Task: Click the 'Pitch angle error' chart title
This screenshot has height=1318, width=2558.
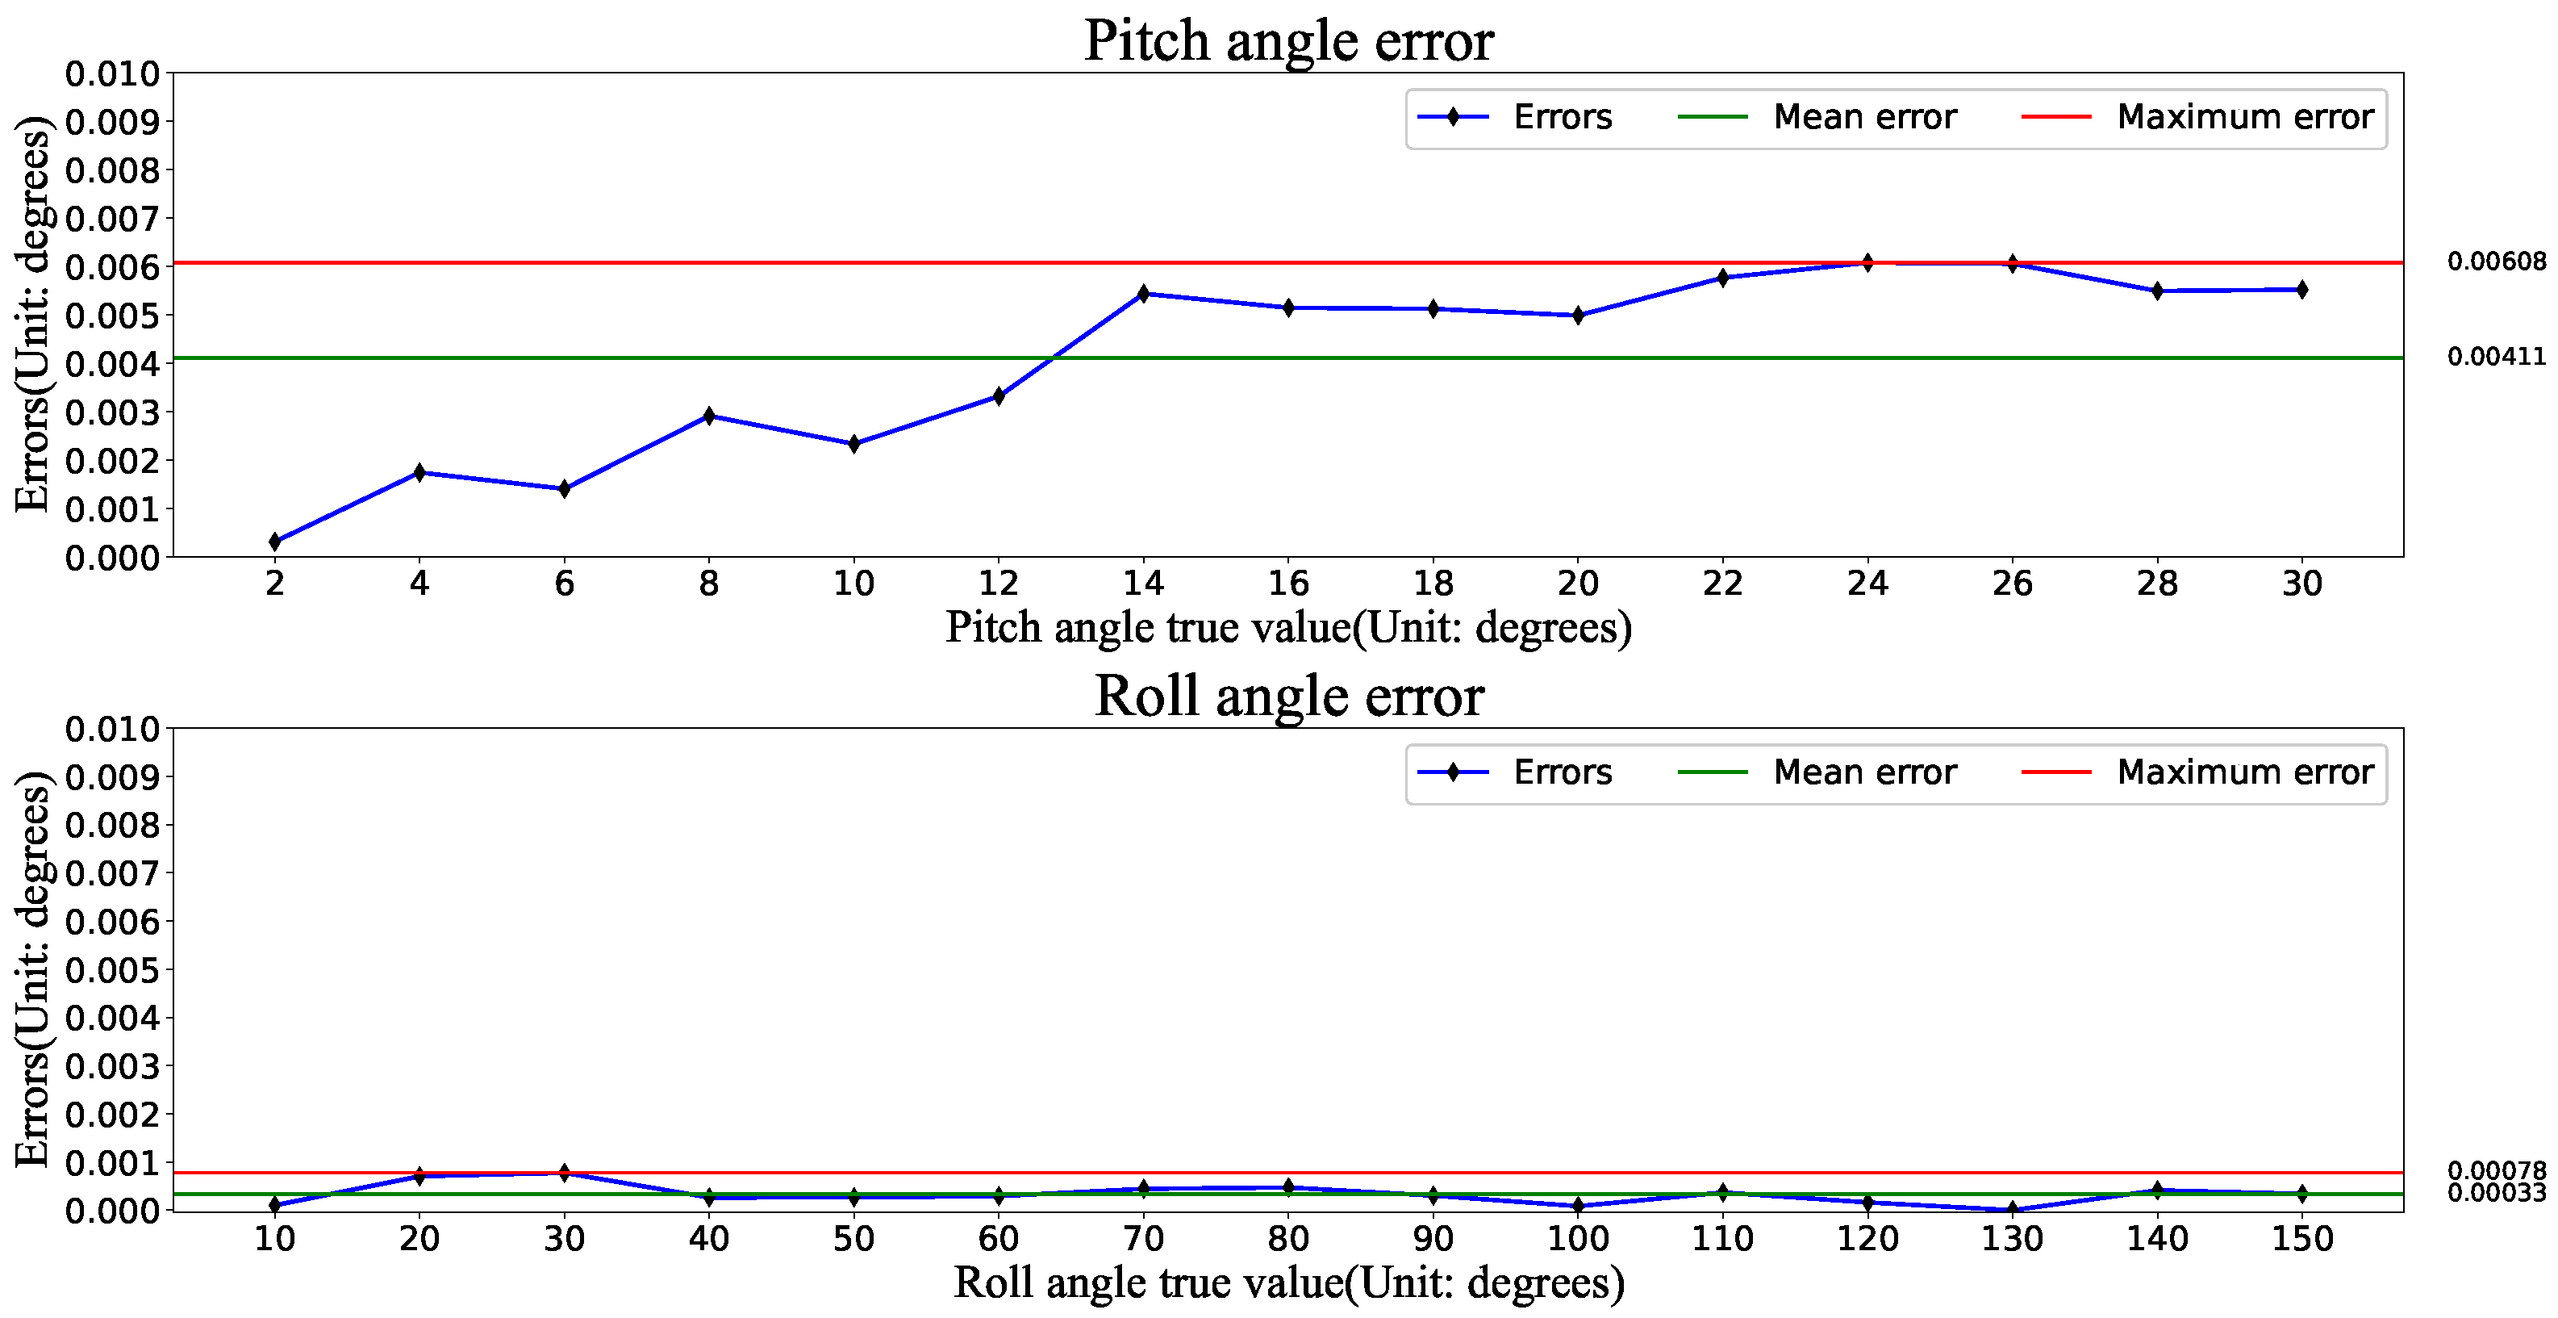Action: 1288,42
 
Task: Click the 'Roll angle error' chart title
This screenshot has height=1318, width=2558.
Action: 1288,697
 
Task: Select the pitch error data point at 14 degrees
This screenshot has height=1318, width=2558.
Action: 1143,294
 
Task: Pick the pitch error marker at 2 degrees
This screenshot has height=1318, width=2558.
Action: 275,542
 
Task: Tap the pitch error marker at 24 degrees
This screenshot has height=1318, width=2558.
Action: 1867,263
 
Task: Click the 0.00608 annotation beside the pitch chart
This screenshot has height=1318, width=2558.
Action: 2495,262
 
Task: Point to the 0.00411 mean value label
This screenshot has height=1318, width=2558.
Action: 2495,357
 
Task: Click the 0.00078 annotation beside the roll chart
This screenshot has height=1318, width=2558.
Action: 2495,1170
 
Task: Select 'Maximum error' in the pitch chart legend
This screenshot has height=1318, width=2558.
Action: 2243,117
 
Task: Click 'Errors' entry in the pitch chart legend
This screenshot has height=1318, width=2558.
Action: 1561,117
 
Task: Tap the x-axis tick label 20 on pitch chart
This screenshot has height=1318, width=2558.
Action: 1577,583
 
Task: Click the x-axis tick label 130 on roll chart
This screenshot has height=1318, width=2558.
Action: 2012,1239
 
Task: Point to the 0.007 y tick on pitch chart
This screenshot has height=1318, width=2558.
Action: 111,219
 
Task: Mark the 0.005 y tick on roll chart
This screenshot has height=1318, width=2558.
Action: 111,969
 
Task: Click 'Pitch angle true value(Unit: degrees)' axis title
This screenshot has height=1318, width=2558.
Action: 1288,628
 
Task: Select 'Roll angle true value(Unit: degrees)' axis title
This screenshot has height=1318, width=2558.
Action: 1288,1282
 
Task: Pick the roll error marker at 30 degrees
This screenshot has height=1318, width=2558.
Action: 564,1173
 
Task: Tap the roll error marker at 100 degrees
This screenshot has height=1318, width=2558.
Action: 1577,1206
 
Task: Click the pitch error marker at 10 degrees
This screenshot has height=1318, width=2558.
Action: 854,444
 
